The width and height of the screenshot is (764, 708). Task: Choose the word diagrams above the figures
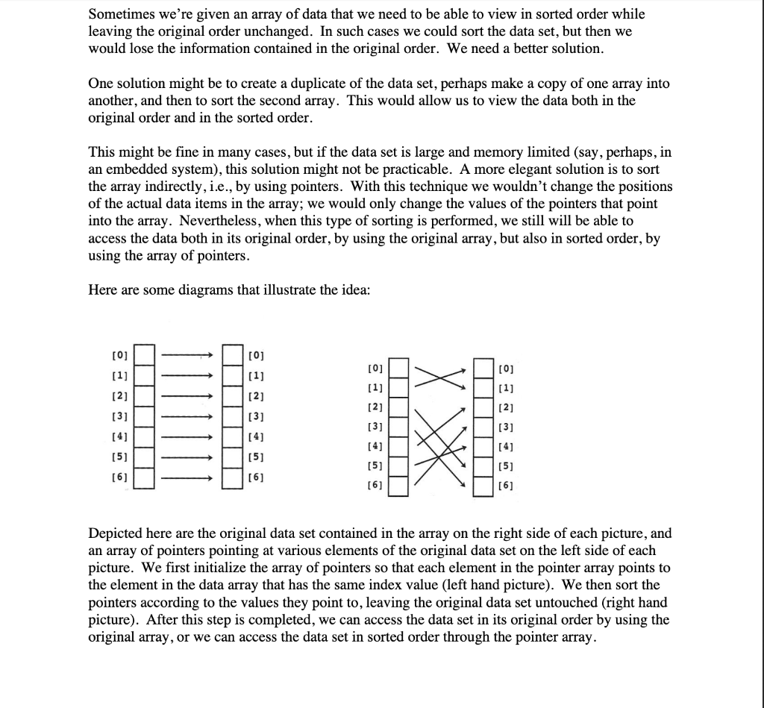click(210, 290)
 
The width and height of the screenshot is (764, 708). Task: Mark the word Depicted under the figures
click(119, 533)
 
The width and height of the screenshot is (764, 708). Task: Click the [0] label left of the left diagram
click(119, 353)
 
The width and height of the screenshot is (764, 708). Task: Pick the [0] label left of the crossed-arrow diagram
click(375, 369)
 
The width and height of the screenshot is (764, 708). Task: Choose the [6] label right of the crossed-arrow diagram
click(507, 486)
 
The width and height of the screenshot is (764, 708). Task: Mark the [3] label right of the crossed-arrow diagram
click(507, 427)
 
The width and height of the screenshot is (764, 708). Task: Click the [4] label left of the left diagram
click(119, 435)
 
